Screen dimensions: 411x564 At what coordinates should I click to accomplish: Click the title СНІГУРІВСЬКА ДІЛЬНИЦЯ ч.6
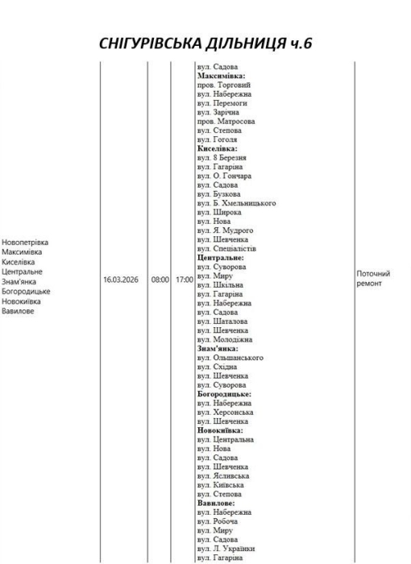coord(205,44)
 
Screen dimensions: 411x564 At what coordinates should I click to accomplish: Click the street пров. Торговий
coord(223,85)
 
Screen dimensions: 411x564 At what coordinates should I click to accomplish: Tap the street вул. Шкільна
coord(220,284)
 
